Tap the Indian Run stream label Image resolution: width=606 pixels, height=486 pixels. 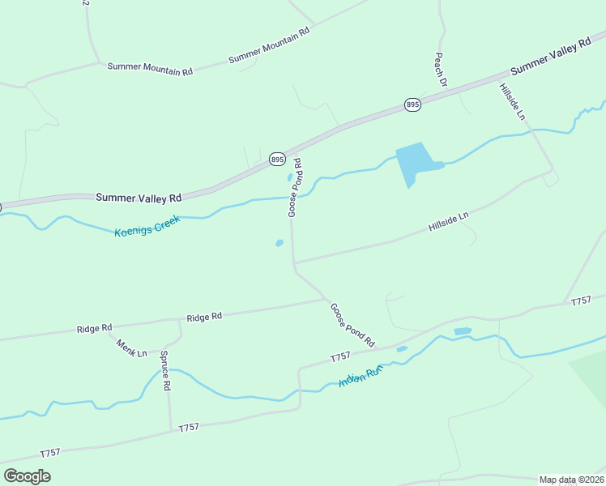(360, 377)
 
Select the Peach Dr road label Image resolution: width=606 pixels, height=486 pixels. (441, 70)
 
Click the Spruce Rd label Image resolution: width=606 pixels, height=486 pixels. (165, 371)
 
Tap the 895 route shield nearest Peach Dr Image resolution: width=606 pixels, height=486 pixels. (412, 105)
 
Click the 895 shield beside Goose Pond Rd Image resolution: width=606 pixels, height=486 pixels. (278, 160)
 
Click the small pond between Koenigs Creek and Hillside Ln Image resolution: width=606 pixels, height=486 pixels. (280, 242)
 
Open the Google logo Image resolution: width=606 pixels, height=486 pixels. (27, 475)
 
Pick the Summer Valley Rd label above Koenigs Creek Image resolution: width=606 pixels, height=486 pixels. (138, 197)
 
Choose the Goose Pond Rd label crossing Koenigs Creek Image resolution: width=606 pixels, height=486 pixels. (295, 187)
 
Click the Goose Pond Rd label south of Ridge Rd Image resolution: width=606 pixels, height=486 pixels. (352, 325)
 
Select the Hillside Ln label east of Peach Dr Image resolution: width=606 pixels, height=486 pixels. (512, 102)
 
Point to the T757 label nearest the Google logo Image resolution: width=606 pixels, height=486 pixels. (49, 453)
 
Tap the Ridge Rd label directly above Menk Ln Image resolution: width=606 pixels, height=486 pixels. (94, 329)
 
